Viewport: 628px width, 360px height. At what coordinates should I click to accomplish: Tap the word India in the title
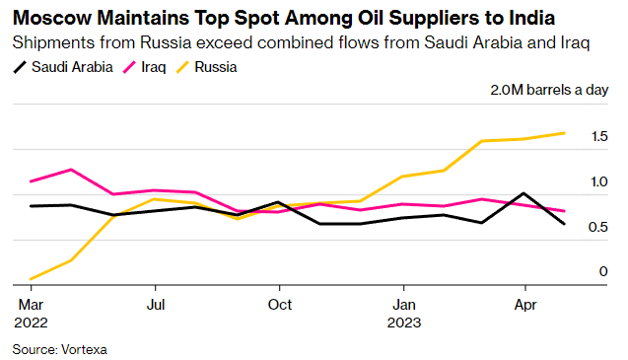pos(532,18)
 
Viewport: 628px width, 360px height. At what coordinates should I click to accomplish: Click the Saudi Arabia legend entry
pos(63,67)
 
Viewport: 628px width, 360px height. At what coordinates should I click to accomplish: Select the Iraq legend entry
pos(144,67)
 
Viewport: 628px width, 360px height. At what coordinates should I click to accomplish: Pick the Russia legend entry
pos(207,67)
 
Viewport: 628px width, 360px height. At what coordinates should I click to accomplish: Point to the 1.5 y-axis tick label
pos(599,137)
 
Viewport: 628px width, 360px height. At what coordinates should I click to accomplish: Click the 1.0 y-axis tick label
pos(599,182)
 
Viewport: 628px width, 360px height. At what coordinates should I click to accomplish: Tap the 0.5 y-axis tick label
pos(598,227)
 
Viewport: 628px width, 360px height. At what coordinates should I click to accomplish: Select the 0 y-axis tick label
pos(603,271)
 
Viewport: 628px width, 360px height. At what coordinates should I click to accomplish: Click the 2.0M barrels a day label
pos(549,90)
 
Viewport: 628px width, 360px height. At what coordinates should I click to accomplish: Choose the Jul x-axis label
pos(156,305)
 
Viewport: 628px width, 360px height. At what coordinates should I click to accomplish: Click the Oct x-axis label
pos(280,305)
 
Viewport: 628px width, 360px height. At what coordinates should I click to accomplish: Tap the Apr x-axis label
pos(525,306)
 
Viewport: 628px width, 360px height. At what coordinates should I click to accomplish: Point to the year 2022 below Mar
pos(31,323)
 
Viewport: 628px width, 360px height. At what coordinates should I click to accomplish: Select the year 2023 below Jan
pos(404,323)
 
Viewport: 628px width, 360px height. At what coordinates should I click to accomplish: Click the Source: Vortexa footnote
pos(60,349)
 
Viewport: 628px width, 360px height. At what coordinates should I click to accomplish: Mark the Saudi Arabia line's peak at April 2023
pos(523,193)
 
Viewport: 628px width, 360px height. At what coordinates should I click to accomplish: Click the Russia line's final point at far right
pos(564,133)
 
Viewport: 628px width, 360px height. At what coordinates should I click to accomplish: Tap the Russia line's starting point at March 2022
pos(31,279)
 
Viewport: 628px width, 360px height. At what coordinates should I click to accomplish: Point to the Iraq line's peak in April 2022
pos(71,170)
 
